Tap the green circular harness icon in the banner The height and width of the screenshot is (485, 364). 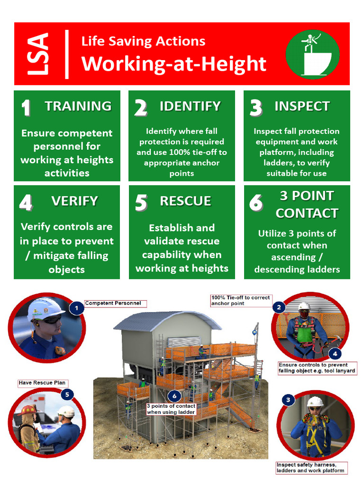click(x=313, y=54)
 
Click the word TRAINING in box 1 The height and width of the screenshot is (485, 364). click(x=78, y=106)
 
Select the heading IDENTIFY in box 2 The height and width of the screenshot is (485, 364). click(x=190, y=106)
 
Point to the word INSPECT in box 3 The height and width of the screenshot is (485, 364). click(x=302, y=106)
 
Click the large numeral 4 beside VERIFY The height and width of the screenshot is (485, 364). click(x=26, y=203)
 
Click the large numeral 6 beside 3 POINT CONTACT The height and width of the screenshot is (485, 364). click(x=256, y=203)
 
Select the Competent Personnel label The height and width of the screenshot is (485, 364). click(x=113, y=303)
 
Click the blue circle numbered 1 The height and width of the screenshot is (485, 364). click(x=76, y=309)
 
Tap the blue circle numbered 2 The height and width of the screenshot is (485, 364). click(x=279, y=307)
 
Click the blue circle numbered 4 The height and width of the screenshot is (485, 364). click(x=335, y=353)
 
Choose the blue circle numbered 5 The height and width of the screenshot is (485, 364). click(x=67, y=394)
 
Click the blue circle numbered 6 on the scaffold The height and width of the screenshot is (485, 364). click(x=174, y=395)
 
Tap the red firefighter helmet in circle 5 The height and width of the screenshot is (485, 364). click(x=29, y=410)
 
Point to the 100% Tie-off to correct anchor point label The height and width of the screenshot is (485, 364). click(x=241, y=300)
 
